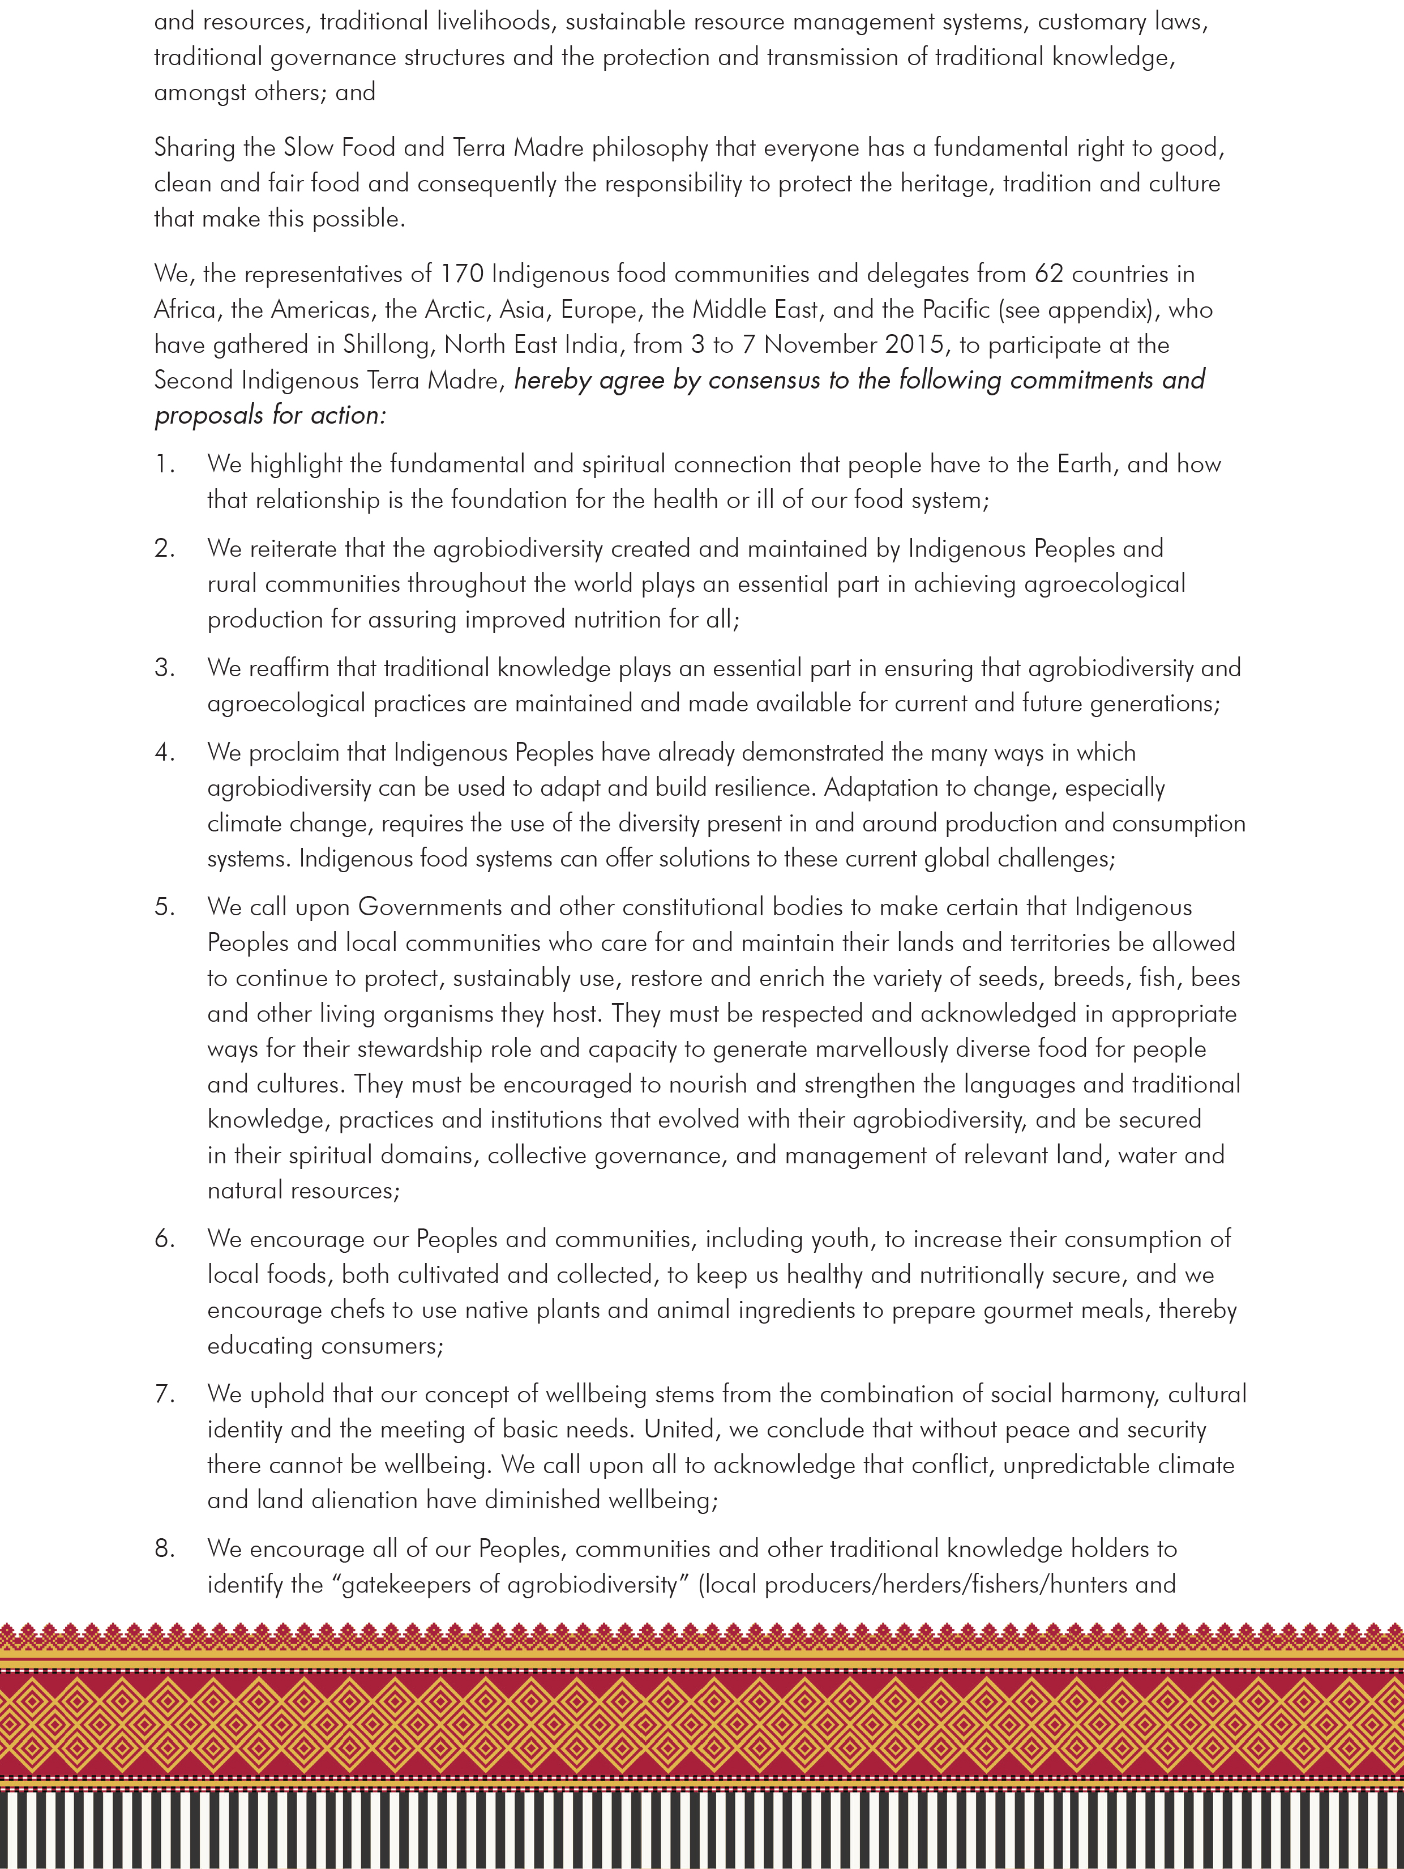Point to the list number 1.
tap(163, 465)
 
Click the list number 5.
tap(163, 907)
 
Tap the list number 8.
tap(163, 1549)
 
